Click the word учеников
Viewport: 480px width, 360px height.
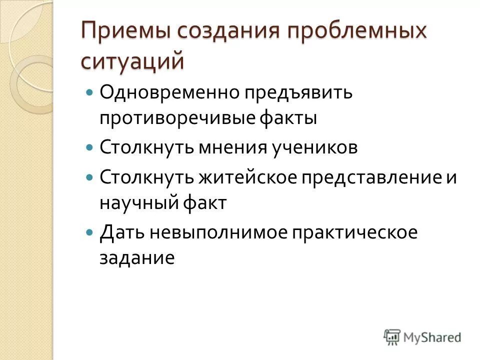[x=319, y=148]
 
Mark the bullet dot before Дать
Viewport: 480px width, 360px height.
[x=90, y=233]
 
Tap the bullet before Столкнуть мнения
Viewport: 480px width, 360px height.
[x=90, y=148]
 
